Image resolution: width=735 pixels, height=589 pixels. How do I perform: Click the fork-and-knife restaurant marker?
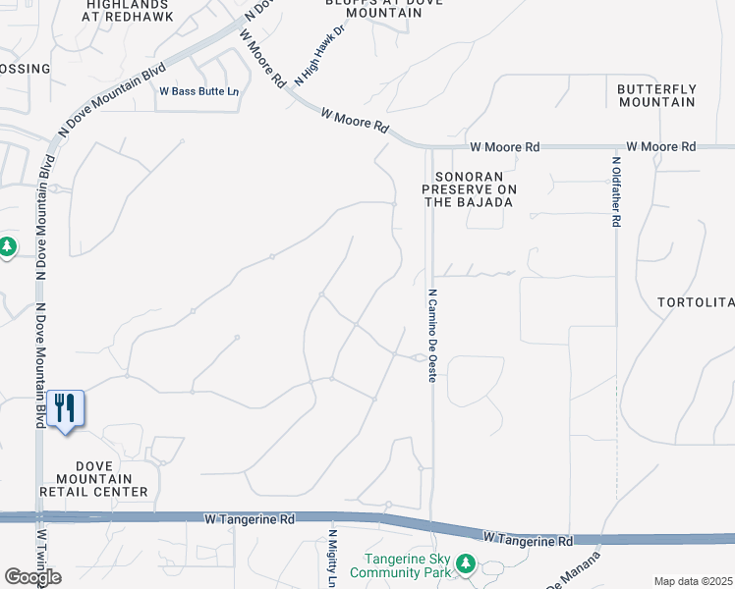[x=66, y=408]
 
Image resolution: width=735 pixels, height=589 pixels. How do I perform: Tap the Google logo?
[x=31, y=577]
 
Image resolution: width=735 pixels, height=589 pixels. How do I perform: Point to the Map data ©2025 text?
[x=694, y=581]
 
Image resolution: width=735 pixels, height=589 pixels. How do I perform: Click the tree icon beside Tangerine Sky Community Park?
[x=467, y=563]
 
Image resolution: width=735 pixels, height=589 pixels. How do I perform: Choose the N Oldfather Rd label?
[x=616, y=192]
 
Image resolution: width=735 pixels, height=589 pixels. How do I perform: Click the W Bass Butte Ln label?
[x=199, y=92]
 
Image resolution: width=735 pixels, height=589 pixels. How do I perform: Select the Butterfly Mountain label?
[x=656, y=95]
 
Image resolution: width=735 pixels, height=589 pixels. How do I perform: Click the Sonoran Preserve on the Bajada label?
[x=469, y=188]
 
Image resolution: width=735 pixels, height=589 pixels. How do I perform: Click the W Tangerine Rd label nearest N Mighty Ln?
[x=249, y=517]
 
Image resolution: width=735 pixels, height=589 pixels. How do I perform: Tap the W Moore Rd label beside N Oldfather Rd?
[x=661, y=146]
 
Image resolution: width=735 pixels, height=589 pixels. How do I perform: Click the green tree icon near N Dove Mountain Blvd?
[x=8, y=245]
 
